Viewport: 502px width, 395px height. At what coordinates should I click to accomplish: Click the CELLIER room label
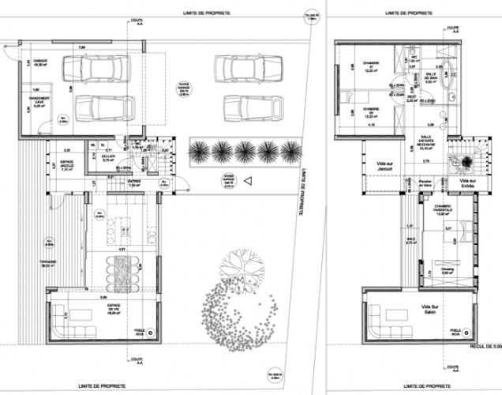pos(108,157)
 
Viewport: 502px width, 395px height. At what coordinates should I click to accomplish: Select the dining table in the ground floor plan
pos(122,268)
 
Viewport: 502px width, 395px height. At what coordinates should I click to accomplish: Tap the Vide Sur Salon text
pos(429,310)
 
